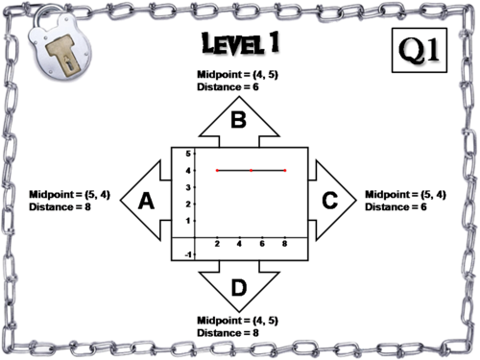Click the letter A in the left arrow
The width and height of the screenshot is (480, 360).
pos(146,201)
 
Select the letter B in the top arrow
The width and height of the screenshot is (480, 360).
pos(239,120)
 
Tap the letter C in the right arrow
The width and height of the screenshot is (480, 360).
pos(330,201)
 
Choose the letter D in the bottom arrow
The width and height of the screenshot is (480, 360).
pos(239,287)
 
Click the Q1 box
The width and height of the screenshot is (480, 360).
pos(420,50)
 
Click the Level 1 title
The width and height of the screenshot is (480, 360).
pos(240,42)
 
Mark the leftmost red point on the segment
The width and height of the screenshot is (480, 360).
pos(217,171)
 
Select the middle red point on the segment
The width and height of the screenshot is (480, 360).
pos(252,171)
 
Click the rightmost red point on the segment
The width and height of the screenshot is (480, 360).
pos(285,171)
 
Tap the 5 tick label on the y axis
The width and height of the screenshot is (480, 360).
pos(188,154)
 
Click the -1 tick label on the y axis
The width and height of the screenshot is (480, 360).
pos(188,254)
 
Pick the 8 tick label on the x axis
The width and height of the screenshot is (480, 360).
pos(284,244)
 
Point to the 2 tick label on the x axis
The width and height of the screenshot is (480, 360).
pos(217,244)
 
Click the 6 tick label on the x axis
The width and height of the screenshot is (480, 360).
pos(262,244)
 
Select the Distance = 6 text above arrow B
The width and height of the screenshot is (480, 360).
pos(228,86)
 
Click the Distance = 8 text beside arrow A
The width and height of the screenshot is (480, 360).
pos(60,207)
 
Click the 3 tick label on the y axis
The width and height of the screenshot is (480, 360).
pos(188,187)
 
